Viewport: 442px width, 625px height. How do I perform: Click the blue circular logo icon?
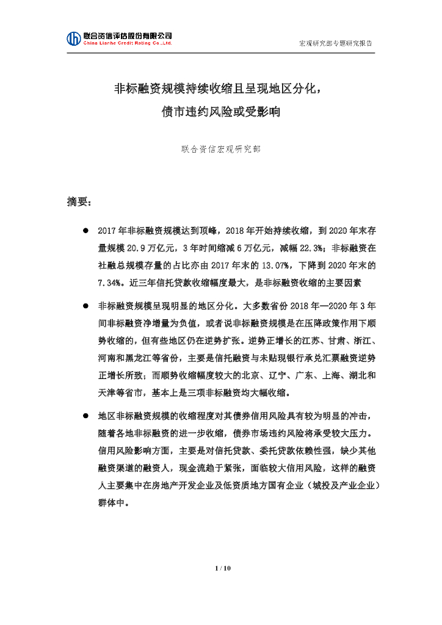[74, 38]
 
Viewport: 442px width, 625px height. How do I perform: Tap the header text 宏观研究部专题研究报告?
[336, 44]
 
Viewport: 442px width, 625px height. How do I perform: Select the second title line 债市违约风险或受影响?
[220, 112]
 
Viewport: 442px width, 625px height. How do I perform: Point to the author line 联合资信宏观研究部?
[221, 149]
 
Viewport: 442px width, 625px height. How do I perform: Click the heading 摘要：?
[79, 202]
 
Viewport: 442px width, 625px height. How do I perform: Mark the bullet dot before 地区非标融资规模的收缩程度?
[86, 416]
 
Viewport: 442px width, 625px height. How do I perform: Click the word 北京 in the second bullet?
[256, 374]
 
